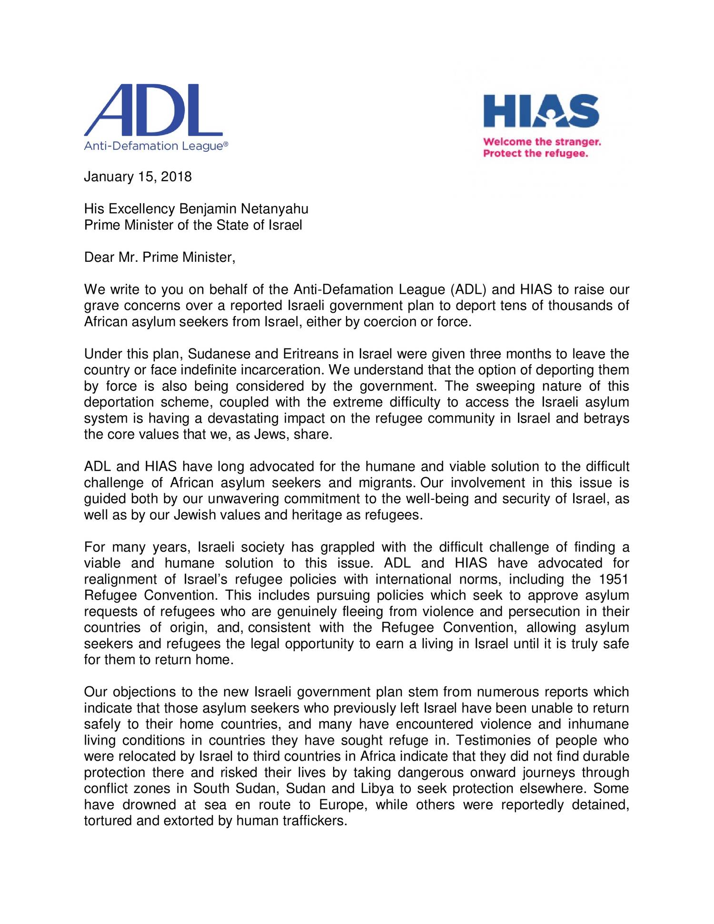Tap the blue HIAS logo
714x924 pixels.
coord(541,111)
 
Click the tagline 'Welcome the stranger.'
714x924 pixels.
coord(542,142)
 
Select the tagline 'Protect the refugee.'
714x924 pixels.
coord(535,153)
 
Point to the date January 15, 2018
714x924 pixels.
coord(138,177)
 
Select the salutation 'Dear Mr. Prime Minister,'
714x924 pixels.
coord(159,258)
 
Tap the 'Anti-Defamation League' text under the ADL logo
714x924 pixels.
coord(156,146)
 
